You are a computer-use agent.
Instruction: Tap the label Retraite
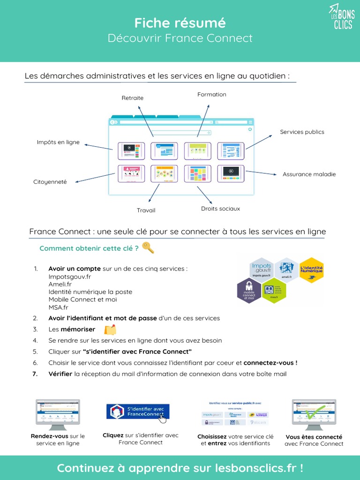(133, 98)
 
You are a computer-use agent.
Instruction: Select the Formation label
(212, 95)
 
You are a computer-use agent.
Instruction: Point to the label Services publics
(302, 132)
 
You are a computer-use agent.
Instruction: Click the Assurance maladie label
(309, 174)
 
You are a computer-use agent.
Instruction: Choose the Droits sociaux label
(220, 209)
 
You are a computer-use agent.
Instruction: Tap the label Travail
(146, 210)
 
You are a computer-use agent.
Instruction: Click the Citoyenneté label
(50, 182)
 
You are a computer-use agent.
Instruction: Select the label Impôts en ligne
(58, 142)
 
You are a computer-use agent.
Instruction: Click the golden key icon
(148, 247)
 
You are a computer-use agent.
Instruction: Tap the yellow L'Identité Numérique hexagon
(311, 270)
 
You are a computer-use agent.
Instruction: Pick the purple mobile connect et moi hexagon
(249, 291)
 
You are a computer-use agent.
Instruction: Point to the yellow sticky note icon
(110, 330)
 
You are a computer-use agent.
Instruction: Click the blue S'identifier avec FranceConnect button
(138, 412)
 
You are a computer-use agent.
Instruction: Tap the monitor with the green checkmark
(314, 413)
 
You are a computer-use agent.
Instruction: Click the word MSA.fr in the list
(58, 307)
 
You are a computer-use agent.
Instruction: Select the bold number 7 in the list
(35, 374)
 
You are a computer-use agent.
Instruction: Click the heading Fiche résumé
(180, 22)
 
